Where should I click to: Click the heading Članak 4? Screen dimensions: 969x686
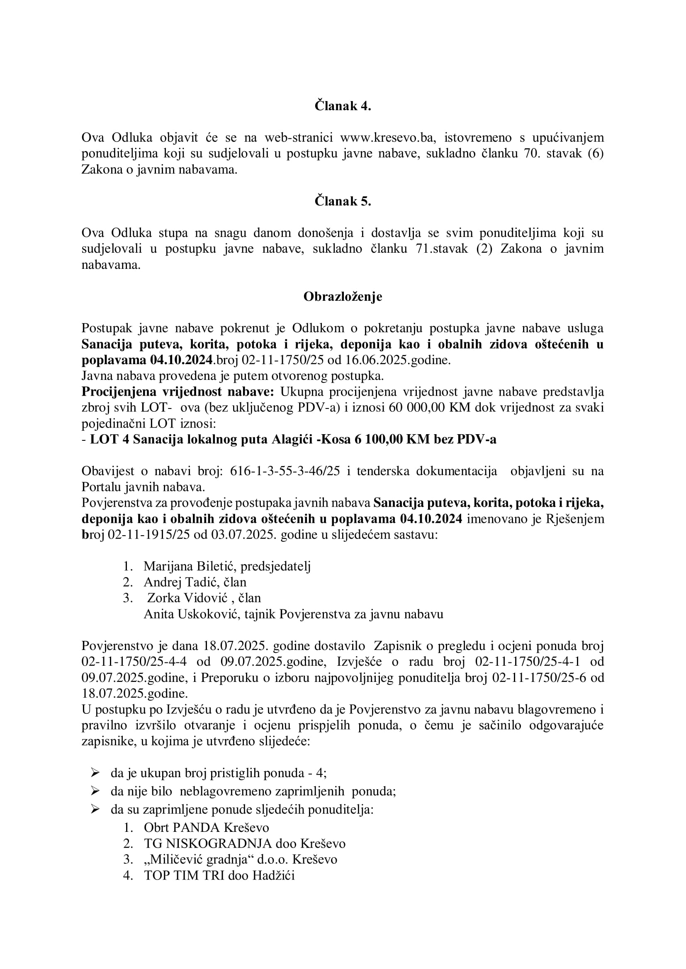pyautogui.click(x=343, y=106)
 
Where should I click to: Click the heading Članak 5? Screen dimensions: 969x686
pyautogui.click(x=343, y=201)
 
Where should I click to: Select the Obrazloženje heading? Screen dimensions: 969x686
pyautogui.click(x=343, y=297)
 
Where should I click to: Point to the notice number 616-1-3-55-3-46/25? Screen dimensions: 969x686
pyautogui.click(x=285, y=471)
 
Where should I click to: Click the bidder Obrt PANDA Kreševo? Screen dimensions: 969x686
pyautogui.click(x=206, y=828)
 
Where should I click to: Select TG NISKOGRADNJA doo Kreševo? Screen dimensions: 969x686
pyautogui.click(x=245, y=843)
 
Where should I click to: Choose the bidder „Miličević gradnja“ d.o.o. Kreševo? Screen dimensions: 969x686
pyautogui.click(x=241, y=860)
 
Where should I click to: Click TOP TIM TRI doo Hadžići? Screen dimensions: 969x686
pyautogui.click(x=219, y=876)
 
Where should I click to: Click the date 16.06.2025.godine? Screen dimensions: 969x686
pyautogui.click(x=409, y=360)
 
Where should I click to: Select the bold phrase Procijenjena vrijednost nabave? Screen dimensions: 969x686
pyautogui.click(x=178, y=392)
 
